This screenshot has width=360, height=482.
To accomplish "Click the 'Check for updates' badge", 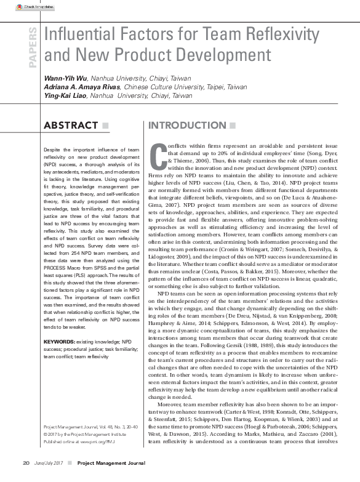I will [x=37, y=7].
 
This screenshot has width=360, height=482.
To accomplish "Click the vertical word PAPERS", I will [x=33, y=46].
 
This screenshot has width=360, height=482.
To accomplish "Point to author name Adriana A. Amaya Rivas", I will [x=82, y=87].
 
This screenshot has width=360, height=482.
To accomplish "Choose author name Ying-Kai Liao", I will [x=65, y=96].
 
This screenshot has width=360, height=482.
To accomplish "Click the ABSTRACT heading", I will [x=71, y=126].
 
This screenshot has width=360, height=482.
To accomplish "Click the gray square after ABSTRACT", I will [x=106, y=126].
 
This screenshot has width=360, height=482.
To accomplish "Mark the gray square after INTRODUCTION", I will [x=232, y=126].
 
